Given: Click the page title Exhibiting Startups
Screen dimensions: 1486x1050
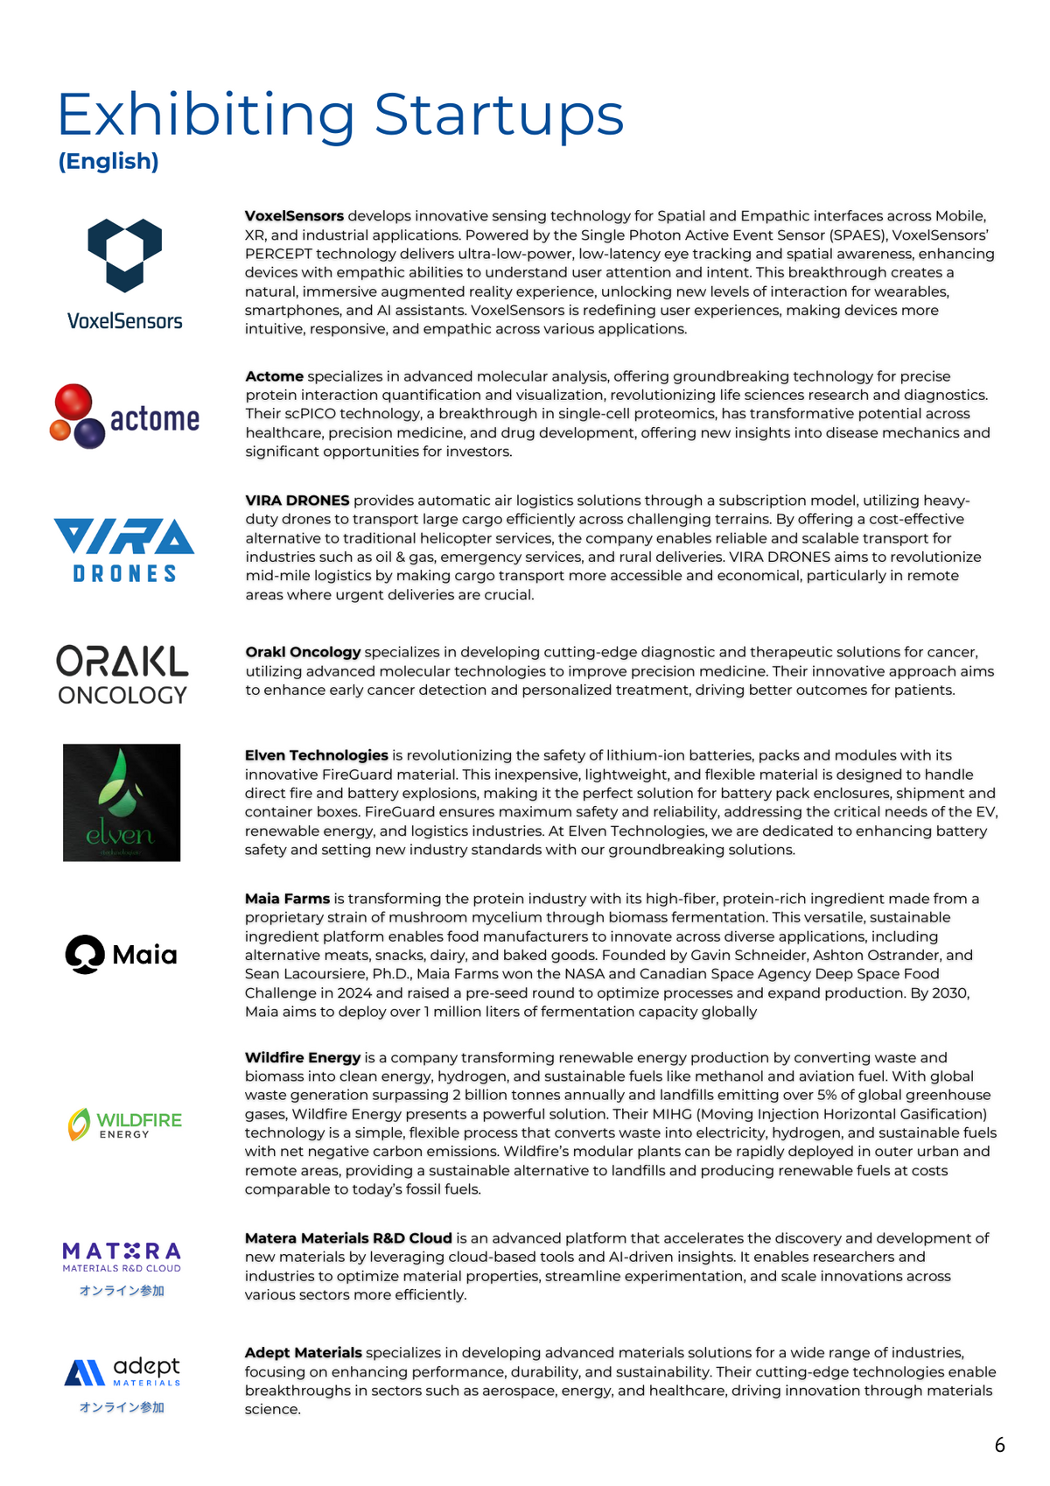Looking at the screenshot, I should click(340, 115).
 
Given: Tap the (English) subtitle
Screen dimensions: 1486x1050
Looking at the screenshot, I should click(108, 161).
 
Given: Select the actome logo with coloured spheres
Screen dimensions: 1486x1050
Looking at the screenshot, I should click(125, 417).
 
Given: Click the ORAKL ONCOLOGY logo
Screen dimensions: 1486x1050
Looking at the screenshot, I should click(122, 675).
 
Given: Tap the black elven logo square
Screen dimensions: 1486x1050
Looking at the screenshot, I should click(122, 803).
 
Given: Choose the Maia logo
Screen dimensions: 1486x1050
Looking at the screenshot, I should click(122, 954).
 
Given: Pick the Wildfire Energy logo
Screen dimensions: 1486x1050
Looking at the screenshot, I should click(125, 1124).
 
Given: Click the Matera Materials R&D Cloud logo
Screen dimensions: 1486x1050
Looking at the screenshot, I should click(122, 1257).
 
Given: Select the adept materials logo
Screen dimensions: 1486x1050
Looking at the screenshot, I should click(122, 1371).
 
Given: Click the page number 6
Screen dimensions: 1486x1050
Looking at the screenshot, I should click(999, 1445).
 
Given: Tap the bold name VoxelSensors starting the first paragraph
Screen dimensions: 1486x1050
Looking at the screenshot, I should click(294, 216).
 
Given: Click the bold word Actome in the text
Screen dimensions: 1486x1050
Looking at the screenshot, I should click(274, 376).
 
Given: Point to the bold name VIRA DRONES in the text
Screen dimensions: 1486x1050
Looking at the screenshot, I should click(297, 501).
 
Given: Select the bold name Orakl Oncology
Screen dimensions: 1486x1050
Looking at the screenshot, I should click(303, 652).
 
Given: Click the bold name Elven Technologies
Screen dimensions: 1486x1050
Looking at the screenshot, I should click(316, 755).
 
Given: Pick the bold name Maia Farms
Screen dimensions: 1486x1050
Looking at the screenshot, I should click(287, 899).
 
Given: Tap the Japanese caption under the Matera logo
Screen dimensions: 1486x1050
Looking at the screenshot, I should click(122, 1291).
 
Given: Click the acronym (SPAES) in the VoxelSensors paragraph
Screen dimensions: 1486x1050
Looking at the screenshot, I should click(858, 235).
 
